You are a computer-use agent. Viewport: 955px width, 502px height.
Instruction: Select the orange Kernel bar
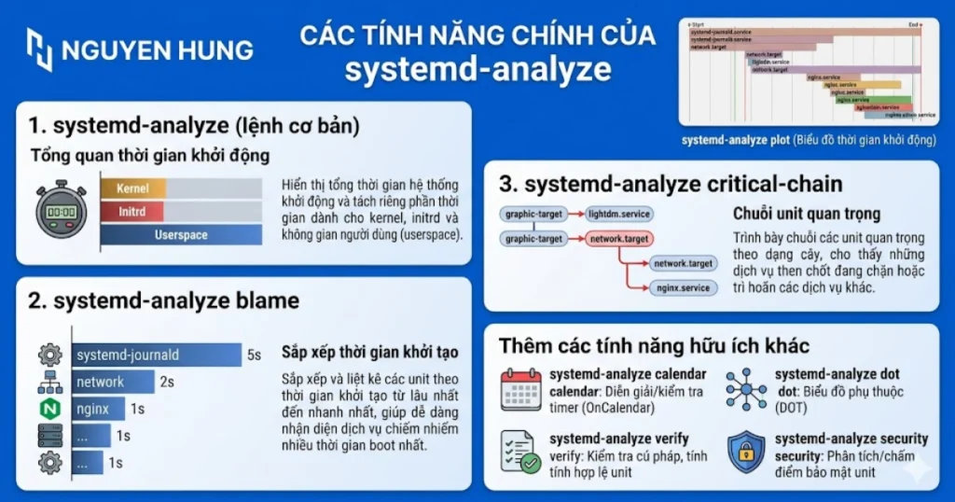133,188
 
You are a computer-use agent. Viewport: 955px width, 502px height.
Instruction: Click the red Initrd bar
133,212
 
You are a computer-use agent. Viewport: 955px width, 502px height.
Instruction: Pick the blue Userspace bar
181,235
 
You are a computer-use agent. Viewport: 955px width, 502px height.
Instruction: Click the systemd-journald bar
156,355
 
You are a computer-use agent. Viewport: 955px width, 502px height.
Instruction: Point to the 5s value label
254,355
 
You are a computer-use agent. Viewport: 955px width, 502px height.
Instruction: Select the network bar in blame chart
113,382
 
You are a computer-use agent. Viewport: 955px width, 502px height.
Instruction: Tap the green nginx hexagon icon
49,409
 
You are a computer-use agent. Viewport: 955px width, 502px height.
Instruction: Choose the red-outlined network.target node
619,240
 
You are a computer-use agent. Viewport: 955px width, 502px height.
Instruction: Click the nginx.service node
683,288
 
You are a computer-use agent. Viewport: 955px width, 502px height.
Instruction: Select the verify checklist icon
520,451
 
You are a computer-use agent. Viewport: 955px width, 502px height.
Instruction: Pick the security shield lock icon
745,451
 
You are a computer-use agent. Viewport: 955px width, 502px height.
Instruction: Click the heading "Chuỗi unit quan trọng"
807,215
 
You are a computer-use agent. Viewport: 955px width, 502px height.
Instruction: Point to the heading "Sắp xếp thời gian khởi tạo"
370,353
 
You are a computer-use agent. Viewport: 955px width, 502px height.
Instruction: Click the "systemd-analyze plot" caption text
734,140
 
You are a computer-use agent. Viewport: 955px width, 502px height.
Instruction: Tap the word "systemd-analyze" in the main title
477,70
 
